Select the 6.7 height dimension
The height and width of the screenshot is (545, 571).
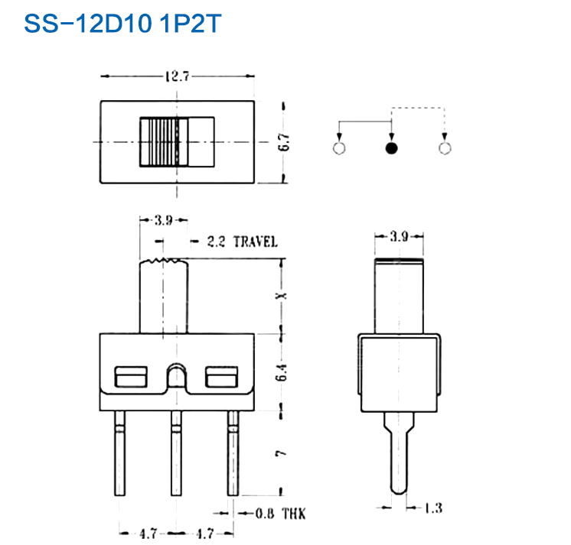(x=284, y=142)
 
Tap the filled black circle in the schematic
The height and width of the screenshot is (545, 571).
(x=392, y=148)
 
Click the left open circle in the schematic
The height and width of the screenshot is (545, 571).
(x=340, y=148)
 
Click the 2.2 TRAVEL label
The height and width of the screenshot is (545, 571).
(x=242, y=242)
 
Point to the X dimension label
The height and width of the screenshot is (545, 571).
(x=282, y=295)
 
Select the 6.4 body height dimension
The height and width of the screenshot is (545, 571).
(x=282, y=372)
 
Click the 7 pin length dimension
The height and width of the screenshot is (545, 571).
(x=282, y=453)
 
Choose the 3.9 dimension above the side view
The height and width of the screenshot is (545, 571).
(x=398, y=236)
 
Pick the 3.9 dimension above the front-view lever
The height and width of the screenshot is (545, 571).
(x=162, y=221)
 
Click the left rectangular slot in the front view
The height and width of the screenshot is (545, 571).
(x=130, y=377)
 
